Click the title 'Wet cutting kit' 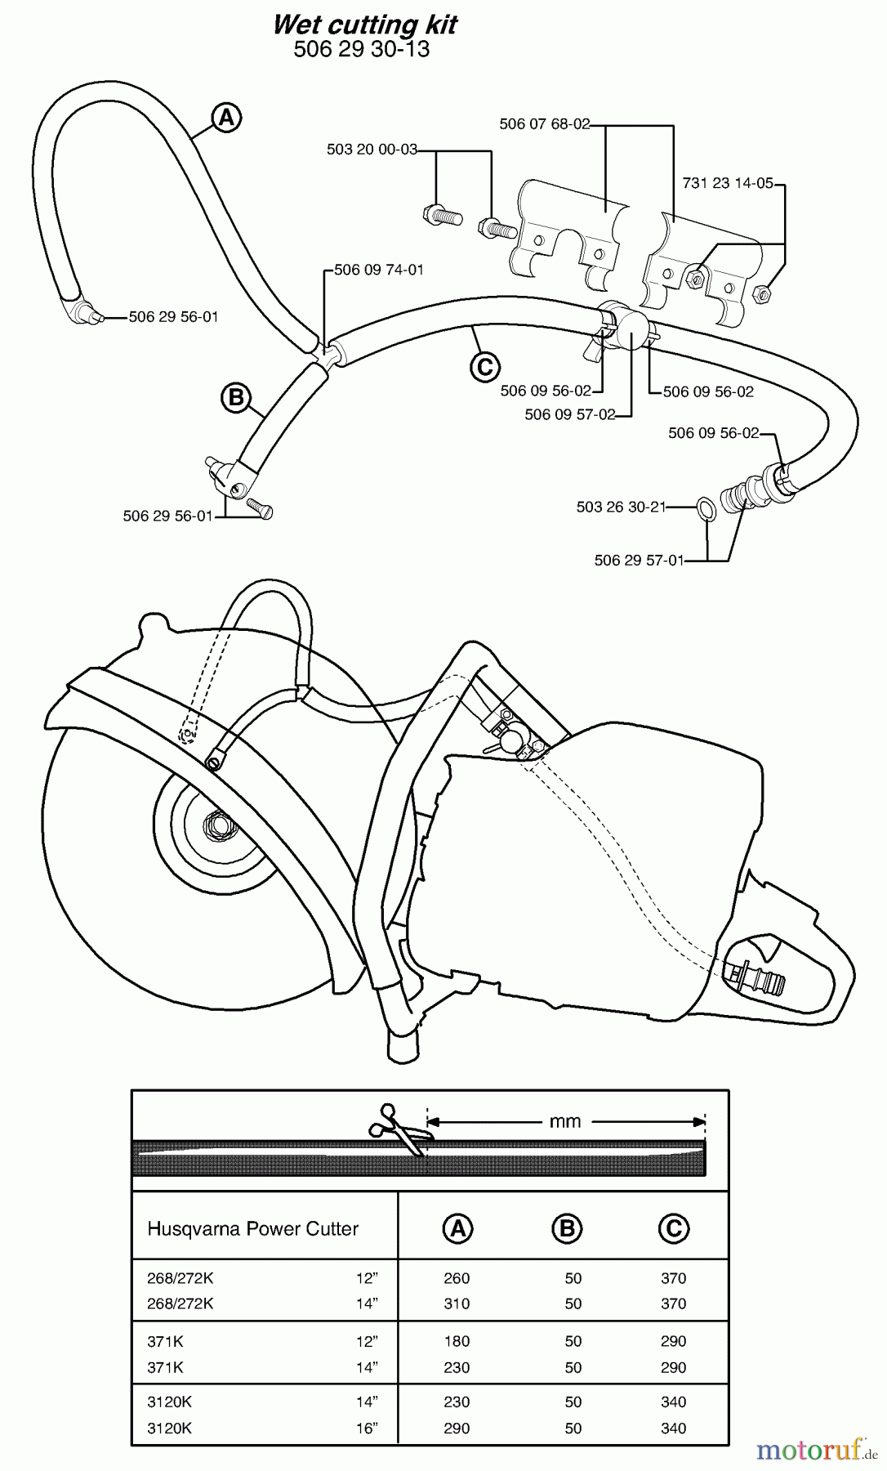tap(364, 25)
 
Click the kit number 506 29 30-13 tap(361, 49)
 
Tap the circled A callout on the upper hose tap(226, 118)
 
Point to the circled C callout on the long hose tap(484, 367)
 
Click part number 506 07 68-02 tap(544, 124)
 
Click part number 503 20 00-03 tap(372, 150)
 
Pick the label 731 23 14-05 tap(727, 183)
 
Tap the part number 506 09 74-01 tap(379, 270)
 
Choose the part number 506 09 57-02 tap(569, 414)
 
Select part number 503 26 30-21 tap(621, 507)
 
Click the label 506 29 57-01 tap(639, 560)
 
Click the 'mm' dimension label tap(565, 1121)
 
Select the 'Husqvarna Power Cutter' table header tap(252, 1229)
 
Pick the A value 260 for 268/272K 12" tap(457, 1278)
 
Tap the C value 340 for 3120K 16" tap(674, 1429)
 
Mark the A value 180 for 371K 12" tap(457, 1341)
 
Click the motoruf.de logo tap(811, 1450)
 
